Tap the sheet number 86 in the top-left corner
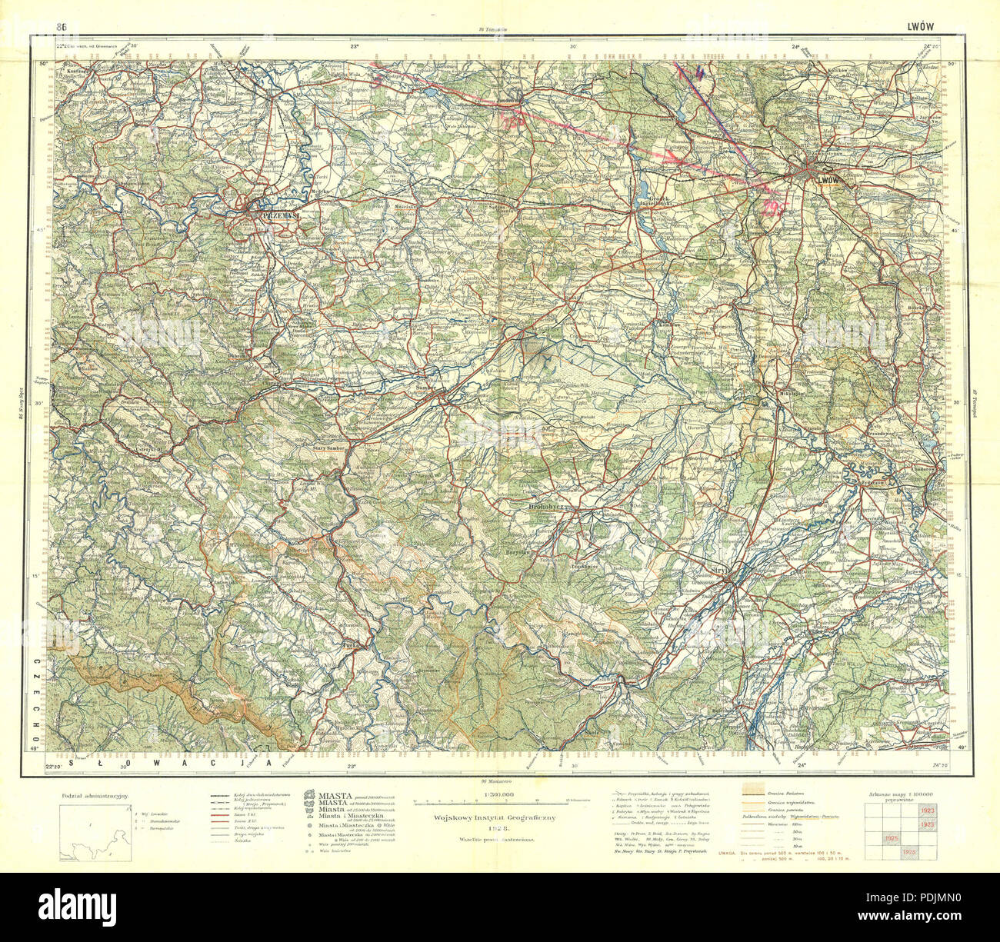click(x=61, y=27)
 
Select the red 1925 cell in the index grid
click(x=892, y=837)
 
